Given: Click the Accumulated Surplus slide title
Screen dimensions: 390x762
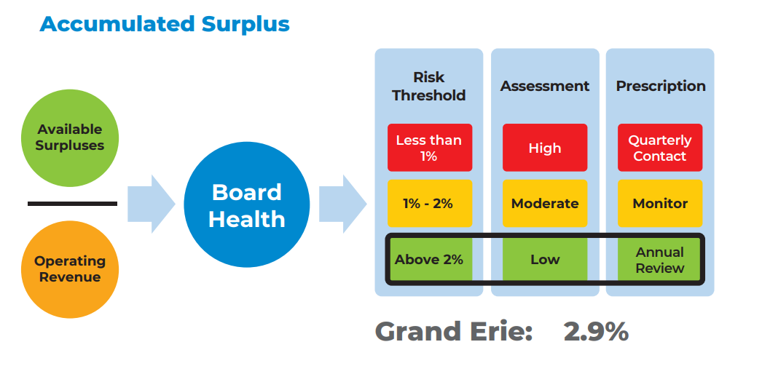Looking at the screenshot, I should [x=165, y=23].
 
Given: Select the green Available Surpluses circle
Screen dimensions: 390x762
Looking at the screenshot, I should [x=70, y=138].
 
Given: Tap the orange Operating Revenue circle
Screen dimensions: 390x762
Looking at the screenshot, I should [x=70, y=269].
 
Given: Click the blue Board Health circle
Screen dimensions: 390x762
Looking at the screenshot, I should [x=246, y=205].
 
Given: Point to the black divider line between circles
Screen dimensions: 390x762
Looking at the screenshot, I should [x=72, y=204].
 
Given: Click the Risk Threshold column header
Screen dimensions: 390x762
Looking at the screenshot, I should [x=428, y=86].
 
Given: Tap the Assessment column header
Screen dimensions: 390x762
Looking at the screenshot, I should [x=544, y=86].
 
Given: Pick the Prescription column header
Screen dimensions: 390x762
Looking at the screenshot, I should [x=660, y=86].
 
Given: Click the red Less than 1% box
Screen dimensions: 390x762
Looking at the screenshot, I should [x=429, y=148].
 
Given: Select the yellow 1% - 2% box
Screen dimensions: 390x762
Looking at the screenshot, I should [x=429, y=204].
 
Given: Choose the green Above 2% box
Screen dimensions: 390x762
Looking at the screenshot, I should [x=429, y=260].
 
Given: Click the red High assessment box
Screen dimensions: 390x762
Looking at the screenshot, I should [x=544, y=148].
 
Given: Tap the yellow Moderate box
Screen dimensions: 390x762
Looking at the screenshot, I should [x=544, y=204].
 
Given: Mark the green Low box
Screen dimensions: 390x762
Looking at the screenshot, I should [x=544, y=260].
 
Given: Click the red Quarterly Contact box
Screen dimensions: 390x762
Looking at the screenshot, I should [x=660, y=148].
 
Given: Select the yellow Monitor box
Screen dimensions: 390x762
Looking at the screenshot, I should [x=660, y=204].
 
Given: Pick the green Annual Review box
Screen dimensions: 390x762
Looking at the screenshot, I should [x=660, y=260].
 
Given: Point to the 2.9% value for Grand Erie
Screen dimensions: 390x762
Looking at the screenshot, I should [x=596, y=332].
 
